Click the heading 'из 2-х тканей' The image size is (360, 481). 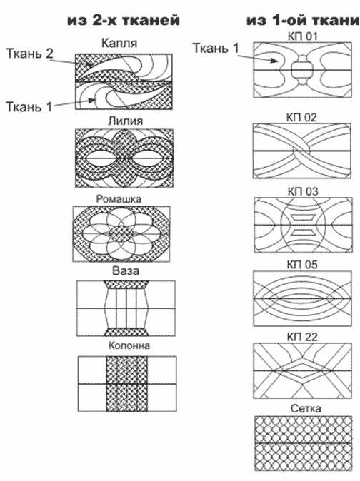coord(124,20)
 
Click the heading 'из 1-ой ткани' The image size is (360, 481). coord(303,20)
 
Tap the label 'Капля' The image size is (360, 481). coord(119,44)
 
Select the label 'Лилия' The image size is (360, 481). coord(126,121)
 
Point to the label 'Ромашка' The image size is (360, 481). coord(119,199)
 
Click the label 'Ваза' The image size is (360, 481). coord(126,271)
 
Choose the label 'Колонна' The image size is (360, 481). coord(129,345)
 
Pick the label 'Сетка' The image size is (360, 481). coord(306,408)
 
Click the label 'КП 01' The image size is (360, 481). coord(302,36)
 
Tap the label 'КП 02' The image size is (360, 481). coord(301,118)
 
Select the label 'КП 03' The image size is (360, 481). coord(303,191)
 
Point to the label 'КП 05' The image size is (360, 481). coord(302,265)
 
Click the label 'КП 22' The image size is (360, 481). coord(302,337)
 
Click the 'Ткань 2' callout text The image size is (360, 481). coord(30,54)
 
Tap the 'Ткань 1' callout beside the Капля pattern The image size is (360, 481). coord(29,107)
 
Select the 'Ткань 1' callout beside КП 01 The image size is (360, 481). coord(216,48)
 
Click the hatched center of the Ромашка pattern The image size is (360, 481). coord(122,234)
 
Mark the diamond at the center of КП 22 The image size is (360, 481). coord(303,371)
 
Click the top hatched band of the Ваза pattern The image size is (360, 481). coord(126,284)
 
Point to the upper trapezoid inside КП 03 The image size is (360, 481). coord(303,218)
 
